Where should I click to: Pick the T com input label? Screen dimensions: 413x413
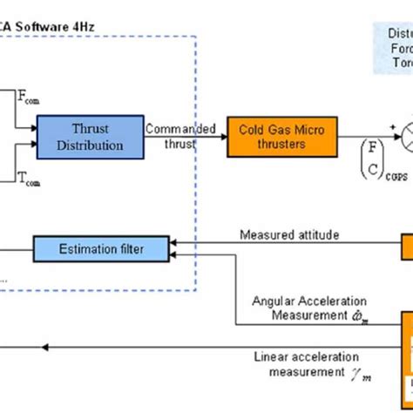tap(29, 180)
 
